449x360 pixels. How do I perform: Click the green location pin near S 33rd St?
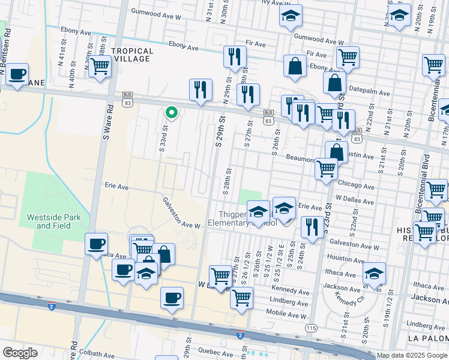click(x=171, y=112)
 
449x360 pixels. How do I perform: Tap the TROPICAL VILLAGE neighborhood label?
click(x=132, y=55)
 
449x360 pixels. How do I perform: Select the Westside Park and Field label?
click(x=53, y=221)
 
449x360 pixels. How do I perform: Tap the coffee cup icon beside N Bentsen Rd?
click(x=17, y=74)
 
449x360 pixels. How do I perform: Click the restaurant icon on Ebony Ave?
click(x=234, y=57)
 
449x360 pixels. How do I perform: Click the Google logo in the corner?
click(x=20, y=353)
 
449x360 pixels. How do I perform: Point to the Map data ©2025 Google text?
click(x=411, y=355)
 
